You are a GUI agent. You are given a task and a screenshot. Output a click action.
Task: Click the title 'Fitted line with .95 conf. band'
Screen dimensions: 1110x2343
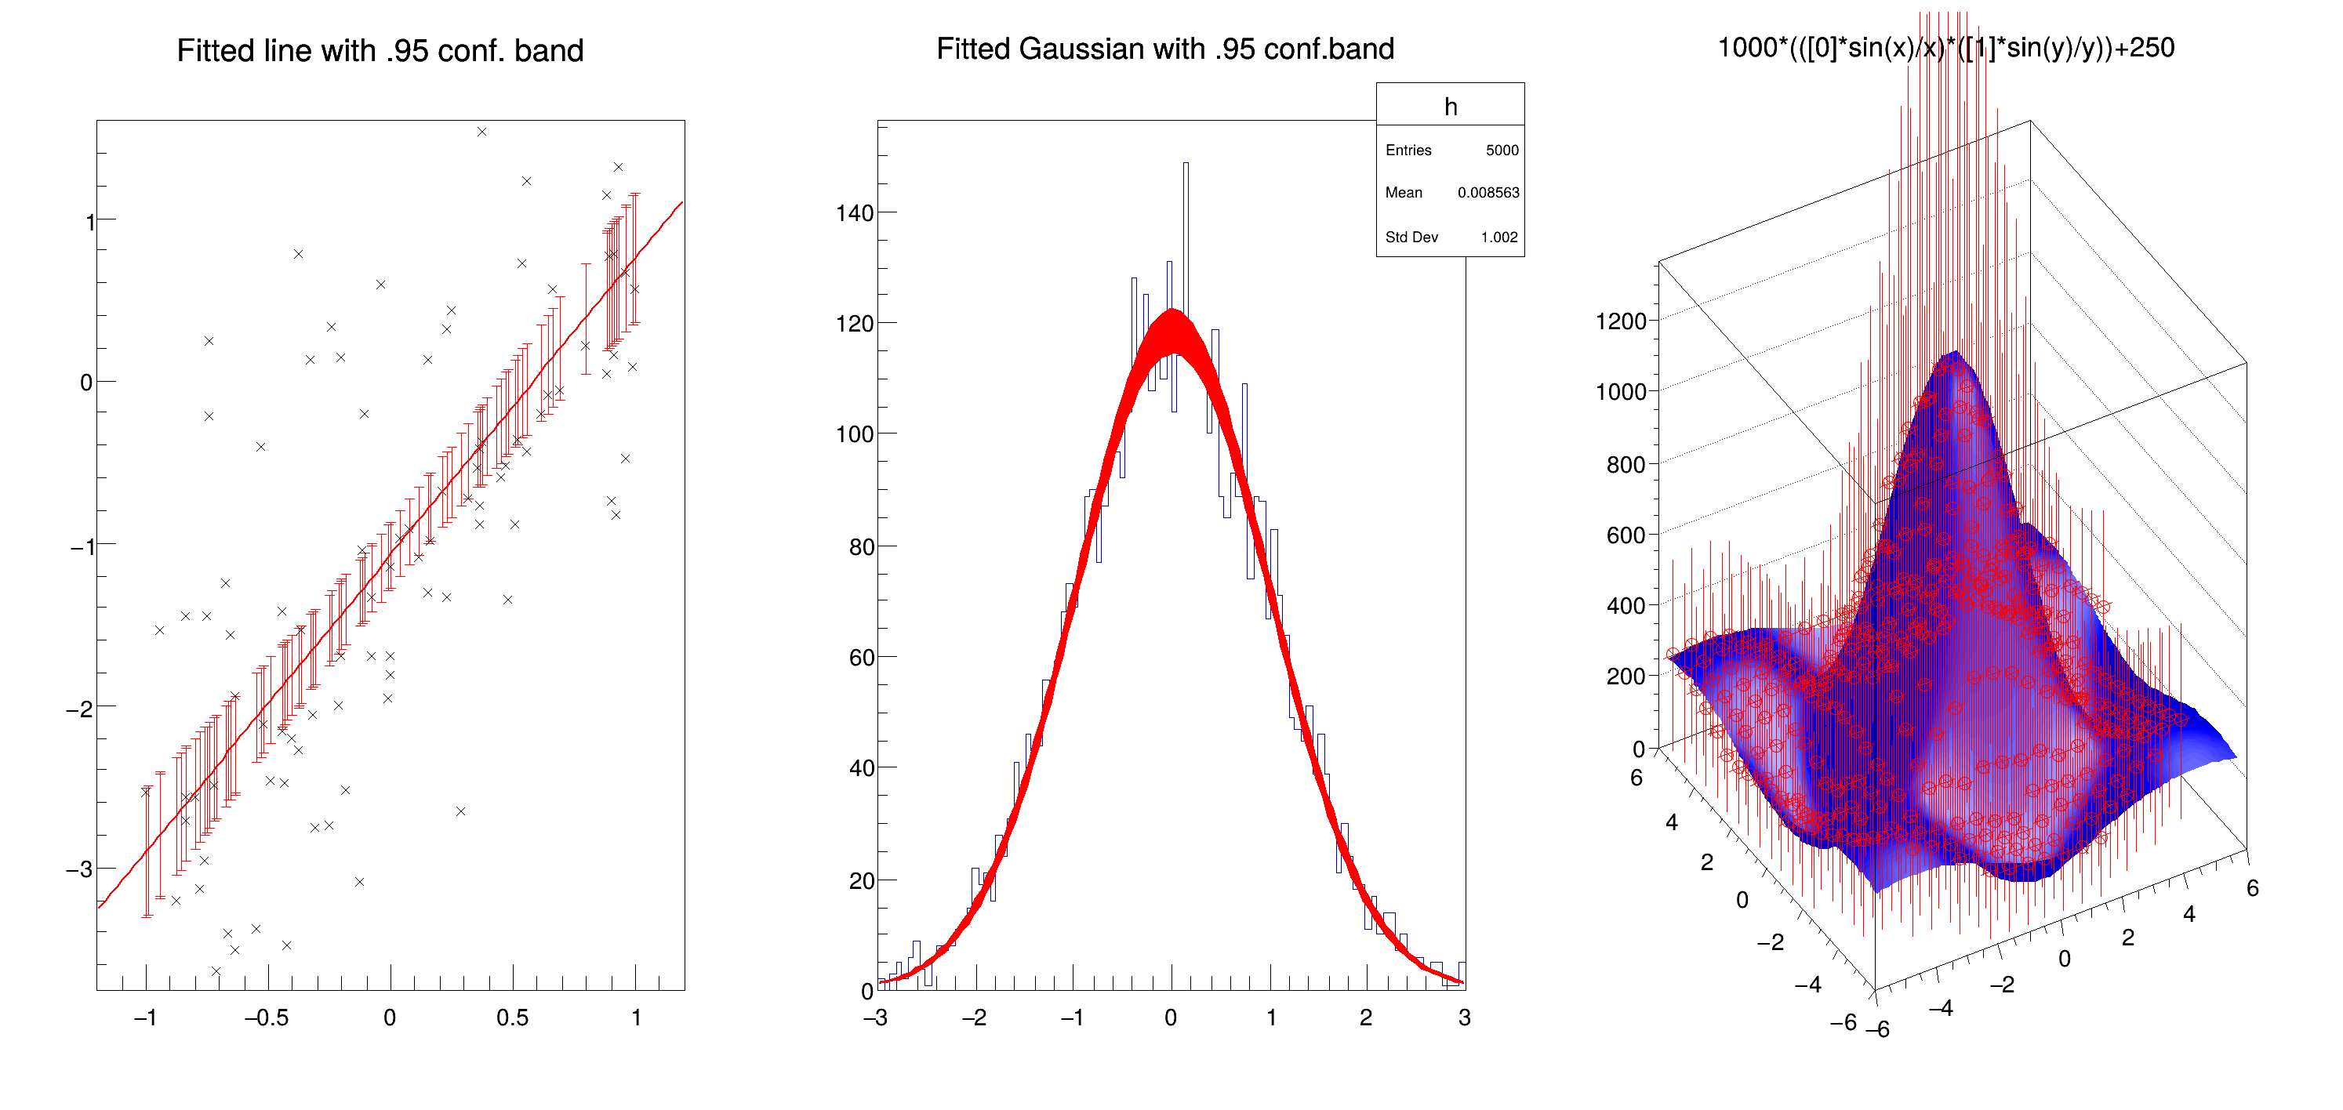click(380, 51)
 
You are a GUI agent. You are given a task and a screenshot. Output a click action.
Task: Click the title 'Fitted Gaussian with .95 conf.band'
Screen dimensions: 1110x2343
click(1165, 49)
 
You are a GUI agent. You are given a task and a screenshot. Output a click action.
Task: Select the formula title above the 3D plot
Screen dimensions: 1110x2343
click(1945, 48)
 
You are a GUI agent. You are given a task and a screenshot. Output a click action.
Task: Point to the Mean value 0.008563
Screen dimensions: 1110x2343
click(1488, 193)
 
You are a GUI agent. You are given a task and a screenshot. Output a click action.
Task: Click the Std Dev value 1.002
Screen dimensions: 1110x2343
click(1499, 238)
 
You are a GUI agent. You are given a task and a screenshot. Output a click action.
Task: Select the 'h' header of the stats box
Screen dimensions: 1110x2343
click(1451, 107)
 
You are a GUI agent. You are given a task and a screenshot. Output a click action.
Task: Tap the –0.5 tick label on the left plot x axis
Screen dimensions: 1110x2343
click(267, 1018)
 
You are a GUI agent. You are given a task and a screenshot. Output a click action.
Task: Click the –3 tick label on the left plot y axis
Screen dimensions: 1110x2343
click(80, 869)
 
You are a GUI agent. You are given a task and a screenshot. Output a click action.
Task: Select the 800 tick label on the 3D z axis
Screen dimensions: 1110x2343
click(1626, 466)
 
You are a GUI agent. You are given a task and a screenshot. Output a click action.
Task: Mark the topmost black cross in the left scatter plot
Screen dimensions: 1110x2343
click(482, 132)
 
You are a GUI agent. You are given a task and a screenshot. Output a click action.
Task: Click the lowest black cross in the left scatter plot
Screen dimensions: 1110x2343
click(216, 972)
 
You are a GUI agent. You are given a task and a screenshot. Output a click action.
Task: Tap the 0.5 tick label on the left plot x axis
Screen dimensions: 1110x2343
click(512, 1018)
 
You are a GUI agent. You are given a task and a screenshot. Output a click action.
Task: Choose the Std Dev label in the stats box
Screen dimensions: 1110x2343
click(1411, 238)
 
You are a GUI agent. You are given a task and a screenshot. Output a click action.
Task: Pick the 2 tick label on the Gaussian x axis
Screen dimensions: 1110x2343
click(1366, 1018)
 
